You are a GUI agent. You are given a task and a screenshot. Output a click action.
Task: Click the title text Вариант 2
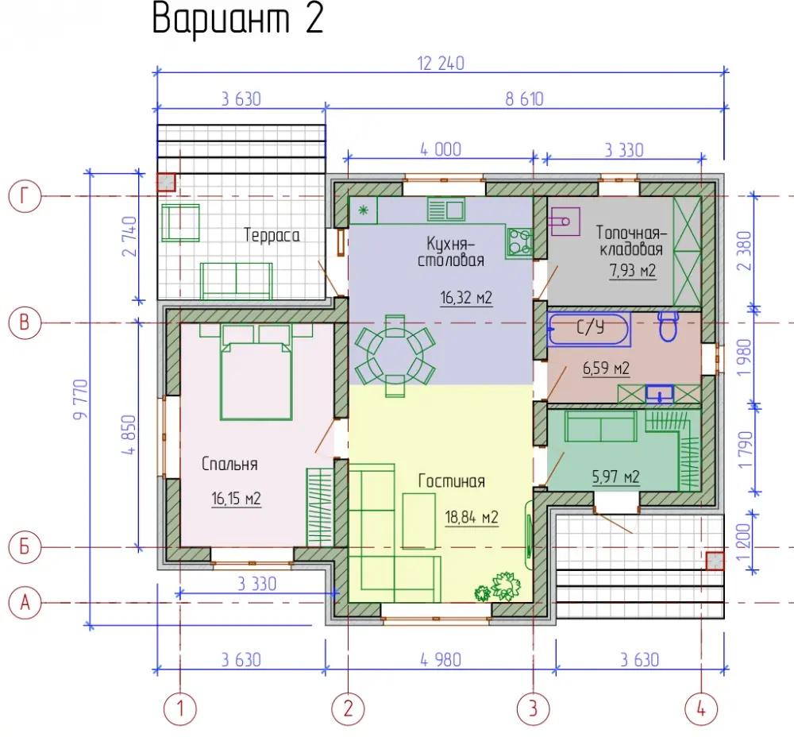pyautogui.click(x=237, y=19)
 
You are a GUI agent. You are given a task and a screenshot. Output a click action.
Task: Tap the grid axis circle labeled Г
pyautogui.click(x=25, y=196)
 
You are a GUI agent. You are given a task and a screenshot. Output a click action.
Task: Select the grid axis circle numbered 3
pyautogui.click(x=533, y=708)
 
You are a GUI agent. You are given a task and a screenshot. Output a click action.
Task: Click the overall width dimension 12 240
pyautogui.click(x=441, y=64)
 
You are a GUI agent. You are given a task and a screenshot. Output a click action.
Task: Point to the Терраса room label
pyautogui.click(x=272, y=236)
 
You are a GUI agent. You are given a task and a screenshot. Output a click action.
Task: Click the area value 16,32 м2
pyautogui.click(x=466, y=297)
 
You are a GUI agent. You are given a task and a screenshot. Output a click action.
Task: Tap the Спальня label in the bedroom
pyautogui.click(x=229, y=464)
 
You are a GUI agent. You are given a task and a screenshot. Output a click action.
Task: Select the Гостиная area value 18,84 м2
pyautogui.click(x=472, y=517)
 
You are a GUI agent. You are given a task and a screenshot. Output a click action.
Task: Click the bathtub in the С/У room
pyautogui.click(x=589, y=330)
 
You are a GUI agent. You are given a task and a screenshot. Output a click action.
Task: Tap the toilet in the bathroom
pyautogui.click(x=669, y=326)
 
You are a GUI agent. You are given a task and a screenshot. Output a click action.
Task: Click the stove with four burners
pyautogui.click(x=519, y=242)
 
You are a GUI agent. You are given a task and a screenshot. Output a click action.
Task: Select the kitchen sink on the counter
pyautogui.click(x=445, y=209)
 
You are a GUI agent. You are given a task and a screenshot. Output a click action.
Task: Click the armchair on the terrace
pyautogui.click(x=179, y=223)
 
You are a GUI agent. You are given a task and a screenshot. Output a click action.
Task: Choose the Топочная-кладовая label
pyautogui.click(x=631, y=241)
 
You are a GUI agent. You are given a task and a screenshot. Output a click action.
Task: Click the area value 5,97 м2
pyautogui.click(x=615, y=477)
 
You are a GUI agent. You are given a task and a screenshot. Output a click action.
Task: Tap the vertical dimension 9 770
pyautogui.click(x=81, y=399)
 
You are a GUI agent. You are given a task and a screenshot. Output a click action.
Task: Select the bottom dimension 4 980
pyautogui.click(x=441, y=660)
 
